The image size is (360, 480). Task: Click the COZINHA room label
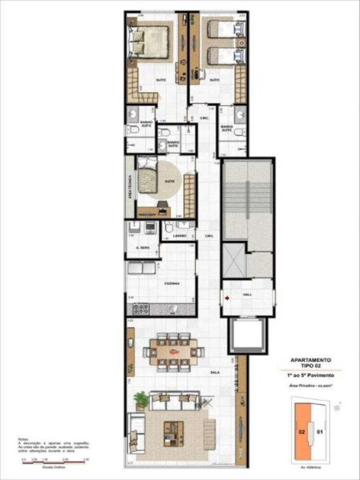point(171,284)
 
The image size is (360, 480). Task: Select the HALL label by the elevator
point(247,294)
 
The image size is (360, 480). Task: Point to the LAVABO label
point(180,236)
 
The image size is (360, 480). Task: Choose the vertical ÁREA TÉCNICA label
point(130,188)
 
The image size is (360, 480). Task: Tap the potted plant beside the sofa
point(141,399)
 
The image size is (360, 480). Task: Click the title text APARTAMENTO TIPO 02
point(311,362)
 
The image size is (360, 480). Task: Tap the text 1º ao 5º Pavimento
point(311,373)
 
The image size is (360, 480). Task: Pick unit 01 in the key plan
point(320,432)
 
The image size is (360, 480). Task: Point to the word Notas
point(24,439)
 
